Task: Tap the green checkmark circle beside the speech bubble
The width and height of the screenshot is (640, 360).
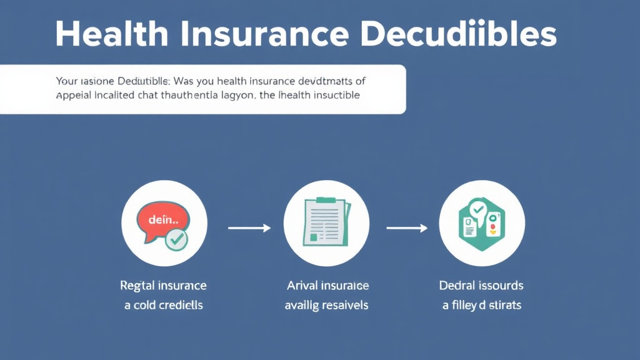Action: pyautogui.click(x=176, y=239)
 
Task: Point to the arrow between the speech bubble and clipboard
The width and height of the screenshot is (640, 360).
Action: pyautogui.click(x=249, y=228)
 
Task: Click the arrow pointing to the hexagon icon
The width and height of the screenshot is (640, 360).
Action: pyautogui.click(x=406, y=228)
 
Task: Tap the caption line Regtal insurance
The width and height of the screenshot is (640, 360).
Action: pyautogui.click(x=163, y=286)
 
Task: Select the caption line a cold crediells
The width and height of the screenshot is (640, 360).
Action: pyautogui.click(x=163, y=306)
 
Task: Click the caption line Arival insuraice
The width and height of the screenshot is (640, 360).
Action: pyautogui.click(x=327, y=286)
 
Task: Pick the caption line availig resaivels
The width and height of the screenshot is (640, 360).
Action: pyautogui.click(x=326, y=306)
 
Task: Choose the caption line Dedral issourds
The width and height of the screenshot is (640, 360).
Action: pyautogui.click(x=481, y=286)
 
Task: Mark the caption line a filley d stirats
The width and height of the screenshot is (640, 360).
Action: pyautogui.click(x=481, y=306)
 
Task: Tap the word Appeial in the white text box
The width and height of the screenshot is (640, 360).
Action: pyautogui.click(x=72, y=96)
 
